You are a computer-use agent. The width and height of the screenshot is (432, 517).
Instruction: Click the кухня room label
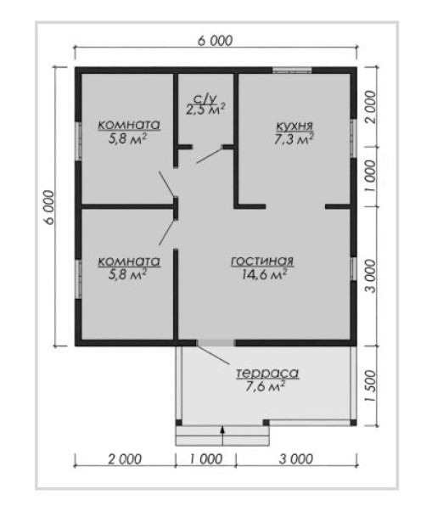tap(295, 126)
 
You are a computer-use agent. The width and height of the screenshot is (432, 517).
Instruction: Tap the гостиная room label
tap(262, 261)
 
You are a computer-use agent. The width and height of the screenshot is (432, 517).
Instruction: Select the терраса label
tap(267, 374)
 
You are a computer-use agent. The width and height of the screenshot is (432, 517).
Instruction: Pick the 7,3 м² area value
tap(294, 139)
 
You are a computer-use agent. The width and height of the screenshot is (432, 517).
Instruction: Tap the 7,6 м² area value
tap(266, 385)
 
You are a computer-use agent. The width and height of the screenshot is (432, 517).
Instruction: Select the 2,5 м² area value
tap(205, 110)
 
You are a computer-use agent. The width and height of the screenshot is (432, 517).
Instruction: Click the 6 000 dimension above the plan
tap(216, 41)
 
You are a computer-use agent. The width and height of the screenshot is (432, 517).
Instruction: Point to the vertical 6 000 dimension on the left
tap(49, 207)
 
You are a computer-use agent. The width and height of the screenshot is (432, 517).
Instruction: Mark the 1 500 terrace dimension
tap(371, 385)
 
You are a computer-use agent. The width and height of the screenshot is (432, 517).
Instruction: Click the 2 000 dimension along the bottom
tap(125, 459)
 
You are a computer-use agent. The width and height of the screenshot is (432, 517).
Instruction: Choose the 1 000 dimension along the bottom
tap(206, 459)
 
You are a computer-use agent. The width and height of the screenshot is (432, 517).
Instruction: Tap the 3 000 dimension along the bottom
tap(296, 459)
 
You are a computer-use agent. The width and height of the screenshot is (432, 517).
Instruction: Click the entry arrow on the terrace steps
tap(222, 436)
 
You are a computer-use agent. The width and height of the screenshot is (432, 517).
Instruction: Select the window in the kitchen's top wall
tap(292, 70)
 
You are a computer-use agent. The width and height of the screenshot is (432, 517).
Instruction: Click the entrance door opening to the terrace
tap(216, 343)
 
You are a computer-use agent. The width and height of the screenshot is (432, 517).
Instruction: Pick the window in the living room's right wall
tap(354, 269)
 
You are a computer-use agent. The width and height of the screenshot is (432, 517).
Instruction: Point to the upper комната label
tap(129, 126)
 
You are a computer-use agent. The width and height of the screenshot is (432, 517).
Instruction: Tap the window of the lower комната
tap(78, 279)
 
